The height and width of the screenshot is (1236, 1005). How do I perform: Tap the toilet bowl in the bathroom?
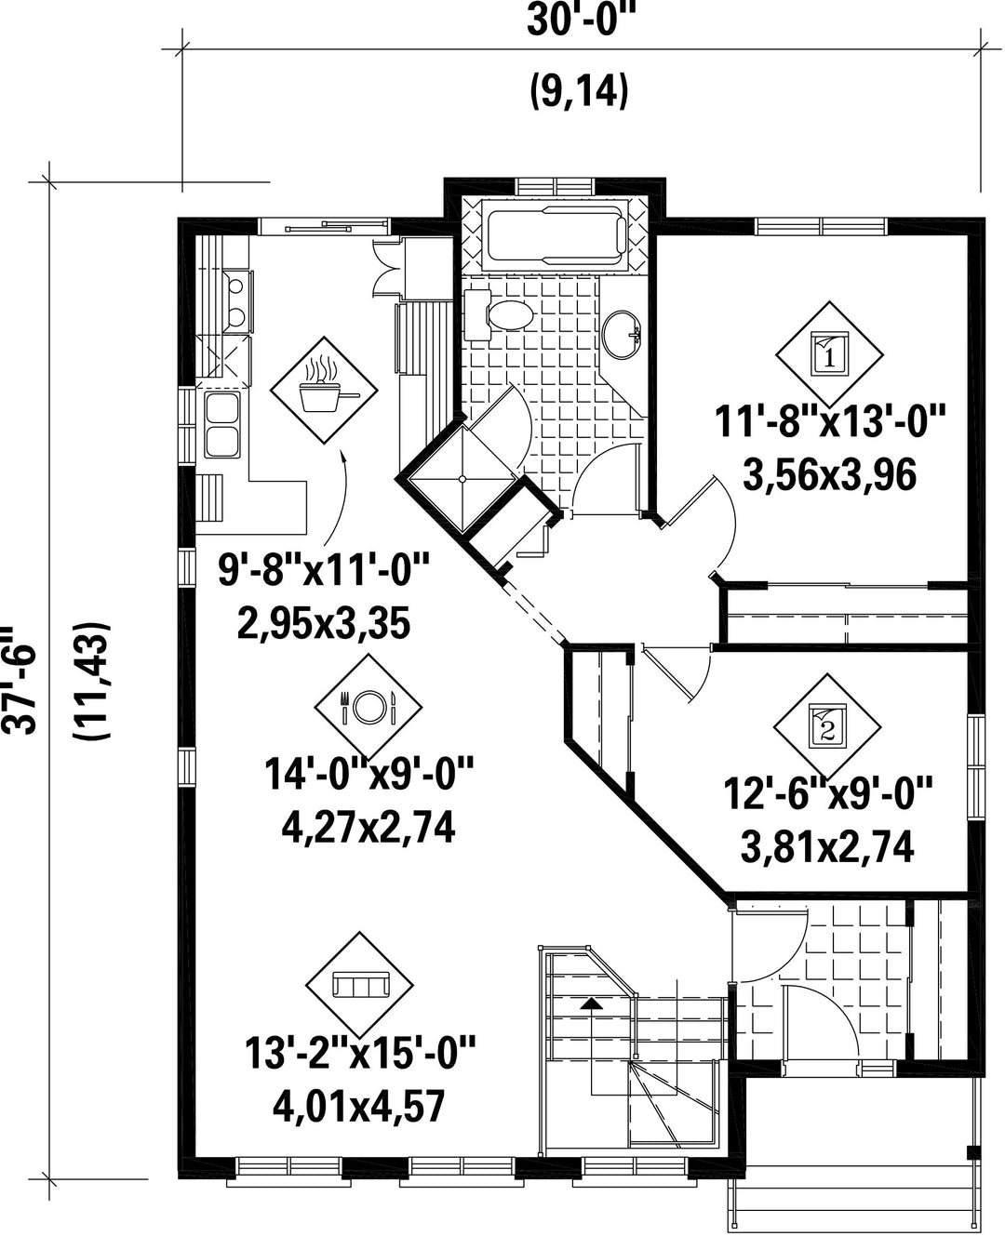[x=510, y=316]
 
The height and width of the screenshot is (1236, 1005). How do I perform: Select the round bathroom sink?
[x=622, y=335]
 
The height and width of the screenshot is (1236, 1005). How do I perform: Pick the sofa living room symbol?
[x=359, y=984]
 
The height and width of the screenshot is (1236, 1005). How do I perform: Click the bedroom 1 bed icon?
[x=830, y=354]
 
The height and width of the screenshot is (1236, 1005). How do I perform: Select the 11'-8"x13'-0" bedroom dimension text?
[x=830, y=421]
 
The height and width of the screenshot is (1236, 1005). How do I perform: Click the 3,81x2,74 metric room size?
[x=827, y=847]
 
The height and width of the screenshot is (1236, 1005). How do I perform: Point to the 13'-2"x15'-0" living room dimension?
[x=360, y=1052]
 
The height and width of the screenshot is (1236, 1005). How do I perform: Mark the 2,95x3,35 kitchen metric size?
[x=324, y=624]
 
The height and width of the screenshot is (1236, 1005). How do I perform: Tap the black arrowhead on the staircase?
[x=591, y=1003]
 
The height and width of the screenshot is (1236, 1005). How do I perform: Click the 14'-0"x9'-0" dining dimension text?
[x=369, y=774]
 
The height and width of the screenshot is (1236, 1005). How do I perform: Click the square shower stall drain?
[x=462, y=479]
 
